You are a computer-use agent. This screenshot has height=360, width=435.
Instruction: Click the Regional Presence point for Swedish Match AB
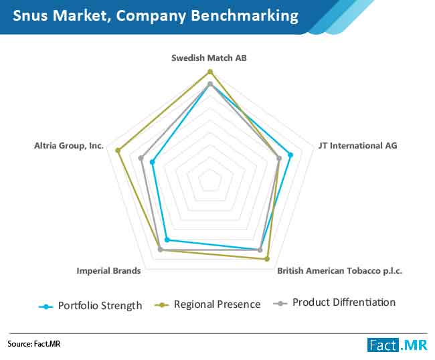pos(210,72)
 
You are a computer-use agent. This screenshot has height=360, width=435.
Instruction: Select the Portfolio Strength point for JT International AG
pos(290,155)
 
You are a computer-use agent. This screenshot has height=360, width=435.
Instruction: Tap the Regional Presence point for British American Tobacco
pos(267,259)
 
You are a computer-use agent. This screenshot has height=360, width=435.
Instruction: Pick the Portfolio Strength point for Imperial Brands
pos(167,240)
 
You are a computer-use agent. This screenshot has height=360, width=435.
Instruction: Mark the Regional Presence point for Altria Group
pos(118,151)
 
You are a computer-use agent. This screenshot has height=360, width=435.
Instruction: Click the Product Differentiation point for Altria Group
pos(141,158)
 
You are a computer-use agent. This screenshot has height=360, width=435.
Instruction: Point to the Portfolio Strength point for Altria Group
pos(152,162)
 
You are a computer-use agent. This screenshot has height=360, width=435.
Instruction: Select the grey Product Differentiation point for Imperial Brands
pos(160,250)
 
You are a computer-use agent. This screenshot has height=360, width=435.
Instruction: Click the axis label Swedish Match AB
pos(209,58)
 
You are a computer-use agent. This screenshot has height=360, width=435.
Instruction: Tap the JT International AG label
pos(358,146)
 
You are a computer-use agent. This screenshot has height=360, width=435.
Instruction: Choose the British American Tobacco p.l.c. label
pos(339,271)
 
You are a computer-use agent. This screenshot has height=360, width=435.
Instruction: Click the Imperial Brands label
pos(108,271)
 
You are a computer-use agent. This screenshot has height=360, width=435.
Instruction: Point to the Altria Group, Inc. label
pos(69,146)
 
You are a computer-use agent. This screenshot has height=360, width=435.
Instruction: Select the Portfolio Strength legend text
pos(100,306)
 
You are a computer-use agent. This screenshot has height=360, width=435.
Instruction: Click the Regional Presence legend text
pos(217,304)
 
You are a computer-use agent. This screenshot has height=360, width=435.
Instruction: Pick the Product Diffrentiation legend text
pos(344,302)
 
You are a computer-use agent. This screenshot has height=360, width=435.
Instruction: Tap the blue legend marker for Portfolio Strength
pos(46,306)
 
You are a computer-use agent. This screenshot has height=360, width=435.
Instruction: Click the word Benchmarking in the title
pos(245,15)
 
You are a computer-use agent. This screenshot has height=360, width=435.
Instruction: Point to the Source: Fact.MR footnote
pos(34,344)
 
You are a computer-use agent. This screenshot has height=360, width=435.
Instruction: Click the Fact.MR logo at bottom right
pos(398,345)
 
